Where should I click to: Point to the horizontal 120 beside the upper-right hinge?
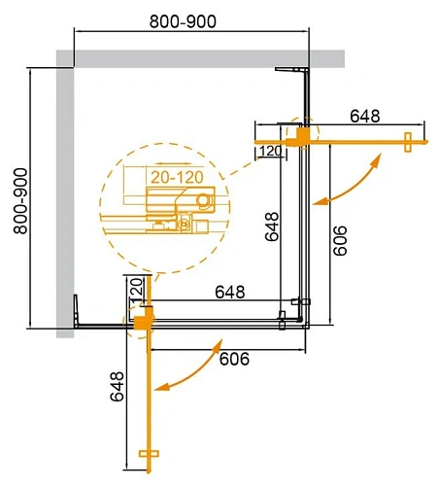tap(270, 150)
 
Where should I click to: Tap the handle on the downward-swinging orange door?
tap(149, 453)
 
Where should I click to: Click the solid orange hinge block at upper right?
tap(304, 134)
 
